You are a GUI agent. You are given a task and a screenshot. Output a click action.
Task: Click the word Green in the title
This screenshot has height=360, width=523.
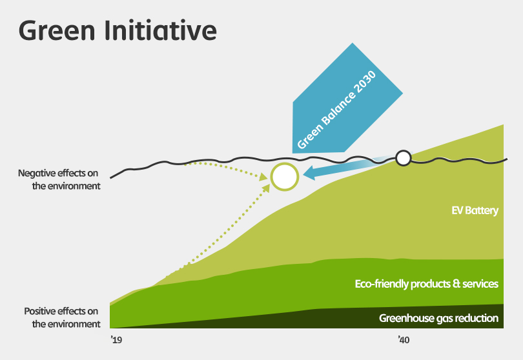[57, 31]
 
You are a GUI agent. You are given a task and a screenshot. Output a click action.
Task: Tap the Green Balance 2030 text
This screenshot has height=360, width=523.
[336, 110]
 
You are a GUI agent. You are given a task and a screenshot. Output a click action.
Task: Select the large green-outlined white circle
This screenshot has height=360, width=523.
[285, 177]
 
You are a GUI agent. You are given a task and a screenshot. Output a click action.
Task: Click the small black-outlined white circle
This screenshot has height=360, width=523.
[404, 158]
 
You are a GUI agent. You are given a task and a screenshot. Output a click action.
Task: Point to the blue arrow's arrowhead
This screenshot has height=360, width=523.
[309, 173]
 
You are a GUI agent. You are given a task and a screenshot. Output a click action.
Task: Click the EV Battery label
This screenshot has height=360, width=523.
[475, 211]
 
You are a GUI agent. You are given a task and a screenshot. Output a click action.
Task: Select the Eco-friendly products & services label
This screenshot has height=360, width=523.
[427, 284]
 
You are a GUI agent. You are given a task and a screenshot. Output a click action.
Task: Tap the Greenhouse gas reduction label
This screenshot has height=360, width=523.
[438, 318]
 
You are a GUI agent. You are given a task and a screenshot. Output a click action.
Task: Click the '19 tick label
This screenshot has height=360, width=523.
[116, 340]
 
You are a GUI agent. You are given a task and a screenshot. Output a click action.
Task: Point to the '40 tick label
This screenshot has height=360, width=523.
[404, 340]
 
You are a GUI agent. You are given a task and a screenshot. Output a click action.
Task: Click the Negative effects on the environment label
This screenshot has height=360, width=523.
[59, 179]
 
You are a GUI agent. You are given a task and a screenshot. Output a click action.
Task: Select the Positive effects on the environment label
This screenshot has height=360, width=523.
[62, 317]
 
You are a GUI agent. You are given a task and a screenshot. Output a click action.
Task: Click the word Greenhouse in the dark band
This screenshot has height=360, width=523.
[407, 318]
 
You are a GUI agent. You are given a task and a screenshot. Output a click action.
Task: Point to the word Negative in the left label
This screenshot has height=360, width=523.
[37, 174]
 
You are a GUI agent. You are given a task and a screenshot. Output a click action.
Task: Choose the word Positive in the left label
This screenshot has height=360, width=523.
[42, 312]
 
